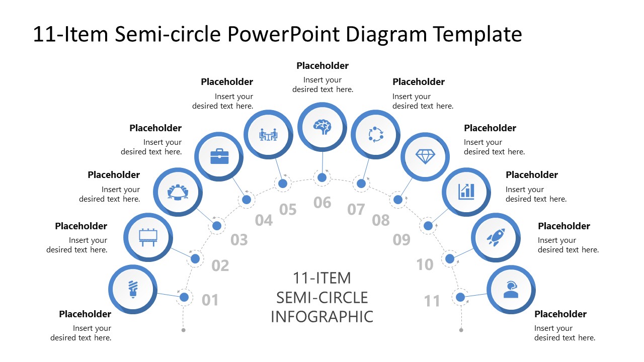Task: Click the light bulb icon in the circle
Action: pos(133,289)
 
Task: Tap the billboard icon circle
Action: pos(148,237)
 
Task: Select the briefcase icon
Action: pos(219,156)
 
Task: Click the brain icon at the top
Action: pos(322,126)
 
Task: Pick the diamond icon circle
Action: pos(425,156)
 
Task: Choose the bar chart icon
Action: pos(466,191)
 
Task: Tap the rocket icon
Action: pos(496,237)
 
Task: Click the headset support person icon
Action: pos(511,290)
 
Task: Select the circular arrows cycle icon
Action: pos(375,134)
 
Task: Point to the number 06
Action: pos(323,203)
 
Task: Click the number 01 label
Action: pos(210,300)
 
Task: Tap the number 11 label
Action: pos(432,301)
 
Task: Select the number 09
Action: pos(401,240)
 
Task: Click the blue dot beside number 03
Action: pos(217,226)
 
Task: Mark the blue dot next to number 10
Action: pos(450,259)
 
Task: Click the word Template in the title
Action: pos(477,34)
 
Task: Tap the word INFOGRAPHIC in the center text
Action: pos(322,317)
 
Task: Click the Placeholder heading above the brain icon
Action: pos(323,66)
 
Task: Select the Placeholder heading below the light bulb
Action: pos(85,314)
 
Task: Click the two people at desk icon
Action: pos(268,134)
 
